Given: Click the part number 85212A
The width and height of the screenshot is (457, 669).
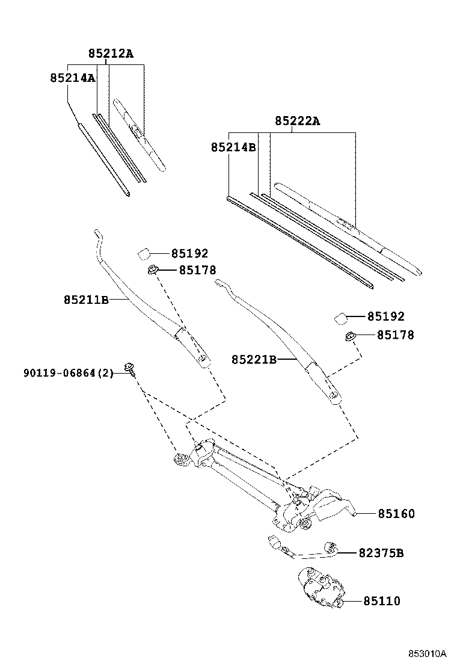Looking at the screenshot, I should (x=111, y=54).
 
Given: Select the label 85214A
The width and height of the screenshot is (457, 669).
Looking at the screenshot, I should (x=72, y=78).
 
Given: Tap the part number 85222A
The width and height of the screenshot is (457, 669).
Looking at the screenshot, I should (x=298, y=121).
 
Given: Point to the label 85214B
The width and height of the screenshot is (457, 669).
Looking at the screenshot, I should (x=233, y=146).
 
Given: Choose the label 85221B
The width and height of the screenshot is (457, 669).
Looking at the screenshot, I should (x=254, y=359).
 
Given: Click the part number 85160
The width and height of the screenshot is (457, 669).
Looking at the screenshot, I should (x=396, y=514).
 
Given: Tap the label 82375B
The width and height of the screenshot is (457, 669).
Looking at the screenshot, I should (x=381, y=552).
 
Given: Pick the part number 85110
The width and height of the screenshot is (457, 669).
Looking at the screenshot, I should (x=381, y=601).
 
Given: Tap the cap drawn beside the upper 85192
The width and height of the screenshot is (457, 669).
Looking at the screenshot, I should (x=144, y=253).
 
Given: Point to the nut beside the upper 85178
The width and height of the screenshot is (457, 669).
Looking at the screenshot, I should (x=153, y=271).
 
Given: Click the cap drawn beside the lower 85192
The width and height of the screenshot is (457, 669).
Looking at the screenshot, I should (x=340, y=318).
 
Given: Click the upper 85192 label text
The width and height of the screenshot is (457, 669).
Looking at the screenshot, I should (x=189, y=254).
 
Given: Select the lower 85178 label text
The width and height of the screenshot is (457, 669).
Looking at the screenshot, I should (x=395, y=335).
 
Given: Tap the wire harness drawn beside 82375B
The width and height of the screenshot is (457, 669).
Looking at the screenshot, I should (x=301, y=549).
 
